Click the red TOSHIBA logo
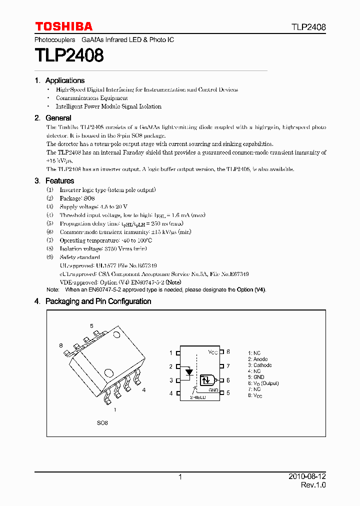[x=63, y=26]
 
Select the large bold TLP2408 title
[x=69, y=55]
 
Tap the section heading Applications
[x=64, y=80]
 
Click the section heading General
[x=58, y=118]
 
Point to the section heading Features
[x=59, y=181]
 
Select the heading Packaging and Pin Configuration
[x=98, y=301]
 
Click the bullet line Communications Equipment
[x=91, y=98]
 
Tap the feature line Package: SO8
[x=77, y=198]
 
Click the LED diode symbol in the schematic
[x=188, y=372]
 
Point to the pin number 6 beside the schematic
[x=228, y=380]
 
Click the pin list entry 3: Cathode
[x=259, y=365]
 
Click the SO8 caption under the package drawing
[x=102, y=423]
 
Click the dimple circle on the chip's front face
[x=108, y=372]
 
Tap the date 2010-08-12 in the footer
[x=307, y=477]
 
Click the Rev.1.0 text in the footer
[x=313, y=485]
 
